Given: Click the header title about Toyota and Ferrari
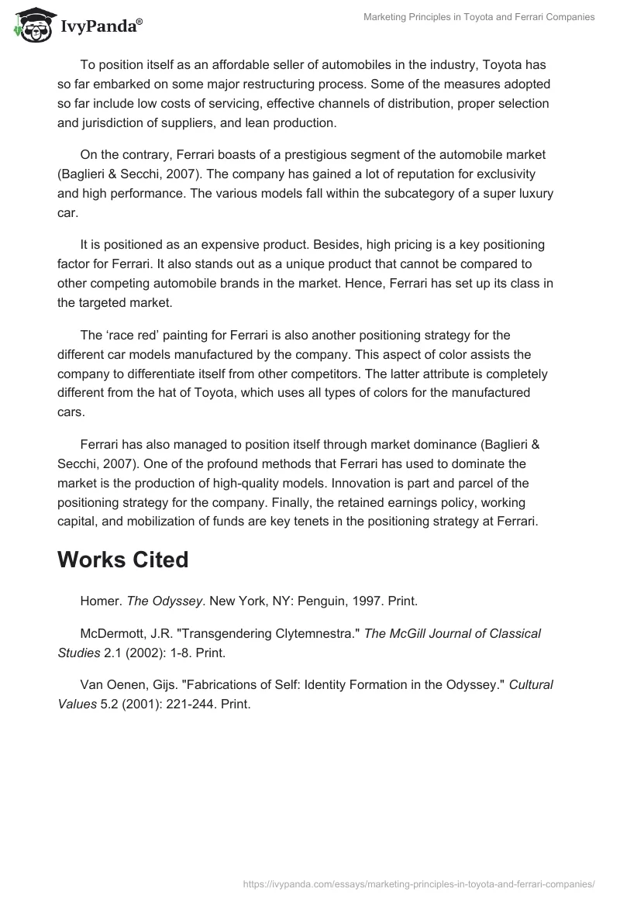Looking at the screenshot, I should pyautogui.click(x=479, y=17).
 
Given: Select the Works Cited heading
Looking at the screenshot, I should pyautogui.click(x=122, y=560).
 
